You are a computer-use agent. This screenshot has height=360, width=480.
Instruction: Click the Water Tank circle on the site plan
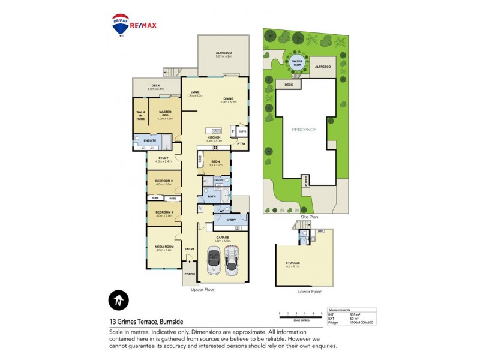tap(296, 62)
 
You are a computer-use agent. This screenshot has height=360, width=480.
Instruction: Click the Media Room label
tap(164, 247)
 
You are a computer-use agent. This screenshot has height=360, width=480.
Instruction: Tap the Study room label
tap(164, 159)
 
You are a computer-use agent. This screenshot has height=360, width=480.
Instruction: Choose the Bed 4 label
tap(215, 161)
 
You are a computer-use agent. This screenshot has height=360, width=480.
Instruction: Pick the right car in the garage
tap(233, 262)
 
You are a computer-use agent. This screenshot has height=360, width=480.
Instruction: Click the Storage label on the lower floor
tap(293, 263)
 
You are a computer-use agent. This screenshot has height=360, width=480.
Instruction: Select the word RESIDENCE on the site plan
tap(304, 130)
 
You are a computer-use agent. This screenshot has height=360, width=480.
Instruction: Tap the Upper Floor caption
tap(202, 289)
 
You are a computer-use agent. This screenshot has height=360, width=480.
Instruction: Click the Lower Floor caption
tap(309, 292)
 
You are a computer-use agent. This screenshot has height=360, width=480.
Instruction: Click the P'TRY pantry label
tap(242, 144)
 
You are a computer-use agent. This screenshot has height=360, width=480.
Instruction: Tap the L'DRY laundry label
tap(232, 220)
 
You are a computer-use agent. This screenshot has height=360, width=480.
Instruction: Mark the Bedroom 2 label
tap(164, 181)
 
